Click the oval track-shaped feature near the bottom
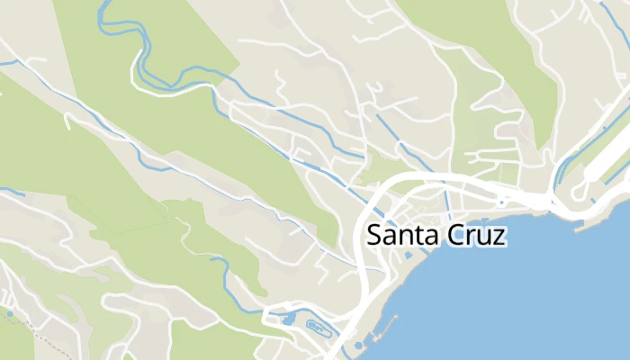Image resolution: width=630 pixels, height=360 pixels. (316, 325)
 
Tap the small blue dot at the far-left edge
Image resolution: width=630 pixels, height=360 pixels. (9, 314)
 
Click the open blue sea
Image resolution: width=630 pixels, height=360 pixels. (540, 297)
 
